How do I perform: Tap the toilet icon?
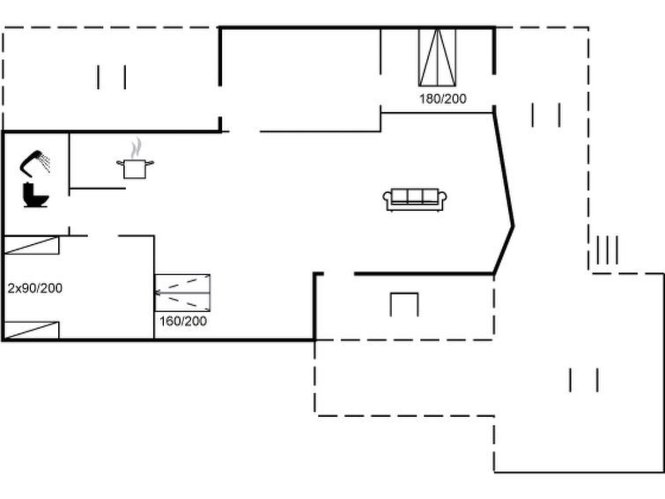pyautogui.click(x=35, y=196)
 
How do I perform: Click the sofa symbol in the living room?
pyautogui.click(x=415, y=200)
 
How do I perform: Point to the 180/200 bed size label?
pyautogui.click(x=443, y=99)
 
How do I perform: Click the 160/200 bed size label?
pyautogui.click(x=183, y=321)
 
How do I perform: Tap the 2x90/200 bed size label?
pyautogui.click(x=34, y=288)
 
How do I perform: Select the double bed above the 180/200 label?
pyautogui.click(x=437, y=57)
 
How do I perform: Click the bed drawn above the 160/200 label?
pyautogui.click(x=182, y=293)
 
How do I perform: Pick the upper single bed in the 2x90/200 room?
pyautogui.click(x=31, y=245)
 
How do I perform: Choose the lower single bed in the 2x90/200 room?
pyautogui.click(x=31, y=331)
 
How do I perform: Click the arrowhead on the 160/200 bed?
pyautogui.click(x=158, y=293)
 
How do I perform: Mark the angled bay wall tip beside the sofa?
pyautogui.click(x=514, y=226)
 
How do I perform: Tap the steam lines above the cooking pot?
pyautogui.click(x=136, y=148)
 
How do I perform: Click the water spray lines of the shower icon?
pyautogui.click(x=44, y=163)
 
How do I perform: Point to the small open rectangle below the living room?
pyautogui.click(x=404, y=304)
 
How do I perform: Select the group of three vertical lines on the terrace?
pyautogui.click(x=607, y=249)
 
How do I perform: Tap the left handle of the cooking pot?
pyautogui.click(x=120, y=162)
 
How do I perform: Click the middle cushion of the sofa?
pyautogui.click(x=415, y=196)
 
